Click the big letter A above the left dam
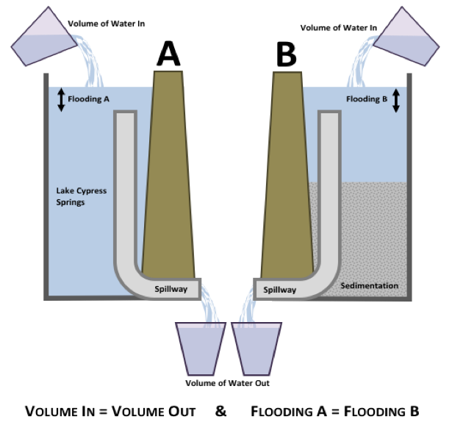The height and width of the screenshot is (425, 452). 169,53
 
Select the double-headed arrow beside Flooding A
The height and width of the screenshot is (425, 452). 61,99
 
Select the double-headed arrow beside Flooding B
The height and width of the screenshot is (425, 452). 395,99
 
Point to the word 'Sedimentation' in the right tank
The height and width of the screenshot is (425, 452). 370,285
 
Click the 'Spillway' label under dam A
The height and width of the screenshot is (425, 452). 171,289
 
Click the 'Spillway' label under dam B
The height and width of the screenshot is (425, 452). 279,290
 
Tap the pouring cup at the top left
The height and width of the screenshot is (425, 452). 38,39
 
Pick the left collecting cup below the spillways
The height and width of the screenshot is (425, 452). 201,344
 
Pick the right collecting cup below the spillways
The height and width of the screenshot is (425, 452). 257,344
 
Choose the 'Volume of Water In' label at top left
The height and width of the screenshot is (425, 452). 107,24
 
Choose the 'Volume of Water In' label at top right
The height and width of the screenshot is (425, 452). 339,28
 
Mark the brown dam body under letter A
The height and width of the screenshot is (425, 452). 168,176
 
